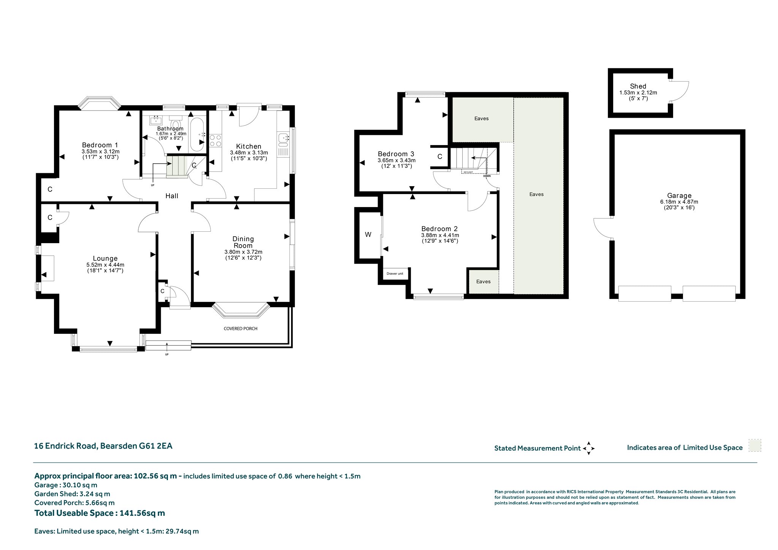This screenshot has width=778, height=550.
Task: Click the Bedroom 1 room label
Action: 100,145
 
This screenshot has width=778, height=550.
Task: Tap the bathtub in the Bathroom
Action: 197,134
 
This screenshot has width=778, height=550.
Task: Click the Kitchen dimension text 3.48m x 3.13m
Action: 249,153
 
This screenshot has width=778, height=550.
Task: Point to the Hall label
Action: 172,196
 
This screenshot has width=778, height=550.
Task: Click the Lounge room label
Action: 105,259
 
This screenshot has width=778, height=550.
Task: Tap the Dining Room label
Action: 243,242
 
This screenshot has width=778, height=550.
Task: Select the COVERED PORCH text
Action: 240,329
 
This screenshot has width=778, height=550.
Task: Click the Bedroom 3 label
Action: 396,154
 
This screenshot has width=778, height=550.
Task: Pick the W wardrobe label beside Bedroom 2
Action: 368,235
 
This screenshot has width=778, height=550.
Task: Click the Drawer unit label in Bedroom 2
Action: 395,273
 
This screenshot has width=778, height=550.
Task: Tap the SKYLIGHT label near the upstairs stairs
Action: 468,172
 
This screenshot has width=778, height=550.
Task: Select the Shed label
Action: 638,86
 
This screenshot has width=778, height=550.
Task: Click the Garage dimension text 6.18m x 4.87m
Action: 679,202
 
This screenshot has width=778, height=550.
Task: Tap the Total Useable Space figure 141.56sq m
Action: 142,513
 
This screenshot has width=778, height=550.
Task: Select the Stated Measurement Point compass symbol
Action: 588,448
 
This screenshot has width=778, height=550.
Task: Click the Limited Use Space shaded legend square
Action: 755,446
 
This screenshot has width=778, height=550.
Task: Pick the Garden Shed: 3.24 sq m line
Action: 72,494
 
